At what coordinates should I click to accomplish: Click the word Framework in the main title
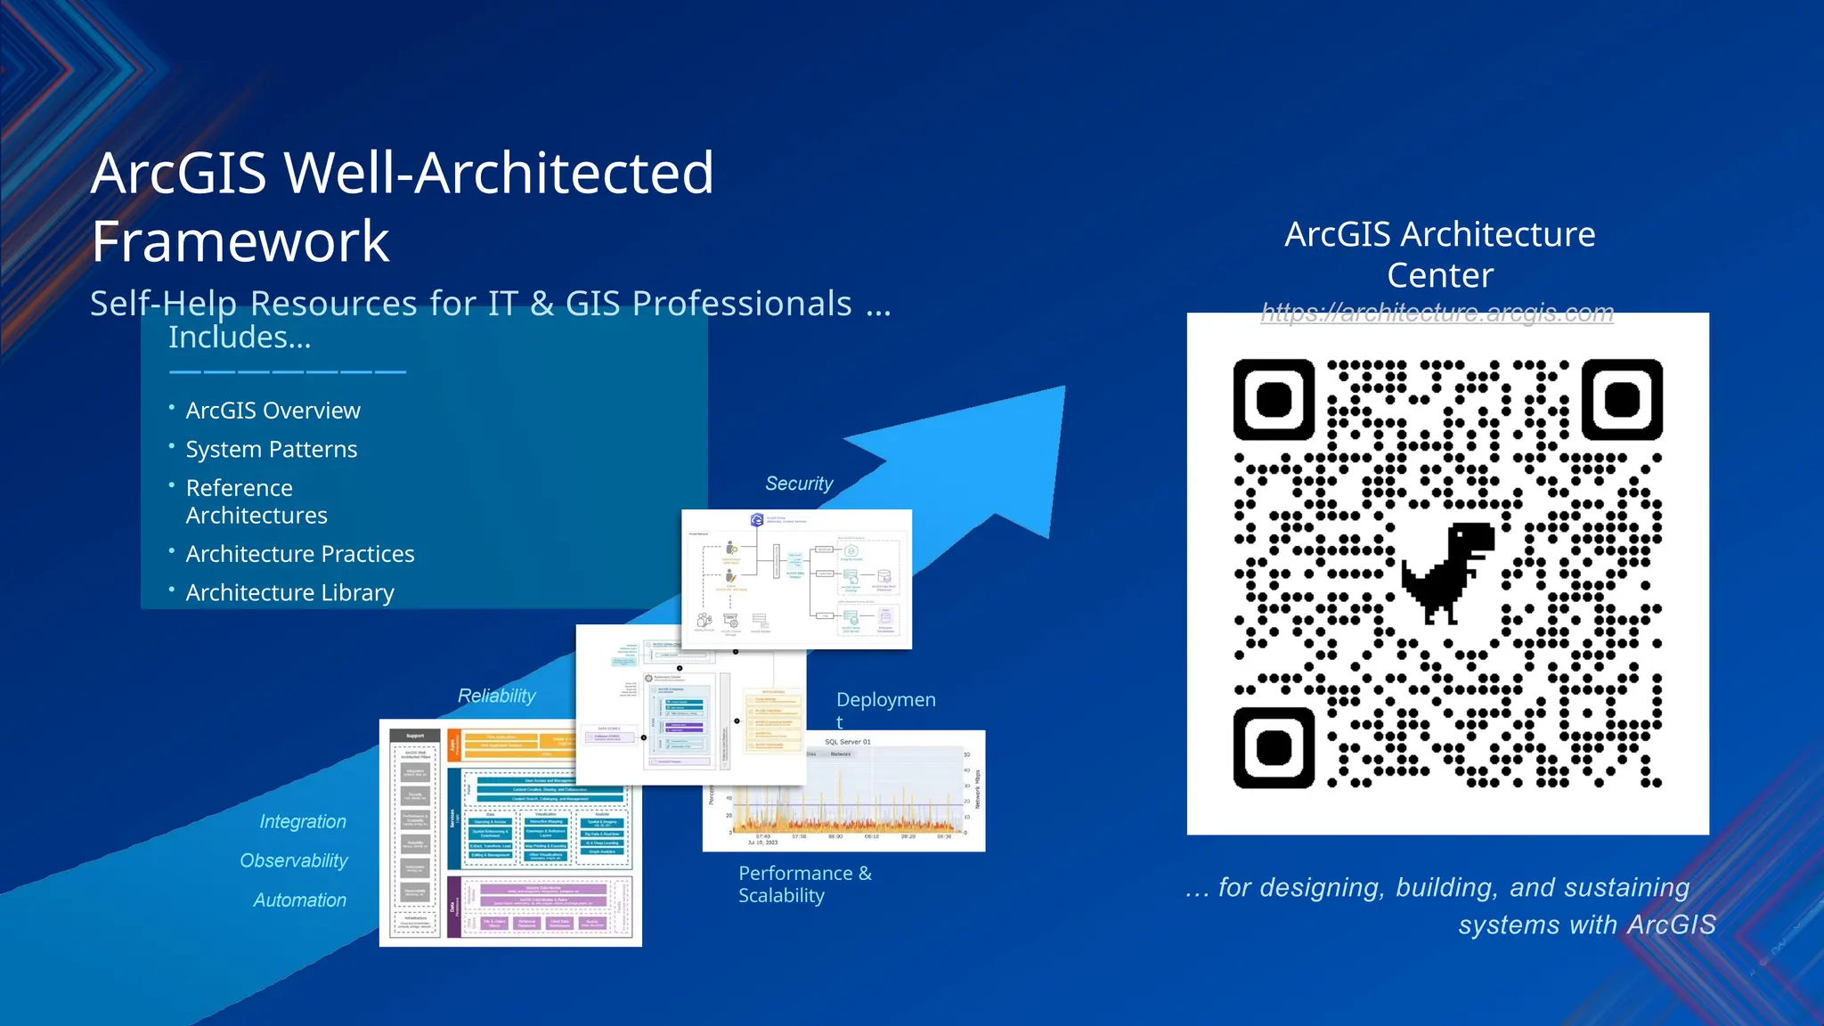[240, 241]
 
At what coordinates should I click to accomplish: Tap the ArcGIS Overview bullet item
[273, 411]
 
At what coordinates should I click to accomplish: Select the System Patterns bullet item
[272, 450]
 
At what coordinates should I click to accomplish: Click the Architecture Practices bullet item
[300, 554]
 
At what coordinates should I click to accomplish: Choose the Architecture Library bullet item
[289, 593]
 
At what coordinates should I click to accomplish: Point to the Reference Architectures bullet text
[256, 501]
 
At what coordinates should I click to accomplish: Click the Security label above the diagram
[799, 484]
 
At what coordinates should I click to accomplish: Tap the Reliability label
[496, 696]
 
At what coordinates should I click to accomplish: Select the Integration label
[303, 821]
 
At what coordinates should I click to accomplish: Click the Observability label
[294, 860]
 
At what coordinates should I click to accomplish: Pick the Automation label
[299, 900]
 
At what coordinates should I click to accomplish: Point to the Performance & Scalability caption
[804, 884]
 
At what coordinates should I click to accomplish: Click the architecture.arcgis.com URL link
[1437, 313]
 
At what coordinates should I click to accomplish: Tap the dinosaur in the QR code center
[1448, 571]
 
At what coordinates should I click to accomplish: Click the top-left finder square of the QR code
[1274, 400]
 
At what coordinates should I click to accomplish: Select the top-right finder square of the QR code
[1622, 400]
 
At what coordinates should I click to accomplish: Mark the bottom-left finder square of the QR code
[1274, 748]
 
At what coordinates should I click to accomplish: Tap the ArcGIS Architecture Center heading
[1439, 255]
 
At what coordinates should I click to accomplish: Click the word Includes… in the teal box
[240, 338]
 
